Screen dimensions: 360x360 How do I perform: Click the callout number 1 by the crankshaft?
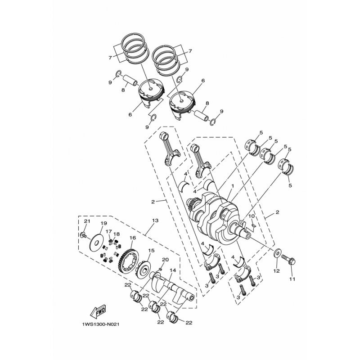pos(233,186)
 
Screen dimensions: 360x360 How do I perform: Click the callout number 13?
pos(156,221)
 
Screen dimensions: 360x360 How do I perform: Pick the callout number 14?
pos(171,270)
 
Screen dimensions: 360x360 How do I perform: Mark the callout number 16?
pos(132,238)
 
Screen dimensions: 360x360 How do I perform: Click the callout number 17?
pos(108,232)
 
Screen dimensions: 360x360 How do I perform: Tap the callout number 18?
pos(117,234)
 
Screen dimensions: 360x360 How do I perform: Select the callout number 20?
pos(165,260)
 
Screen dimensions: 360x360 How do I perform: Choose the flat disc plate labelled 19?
pos(95,242)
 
